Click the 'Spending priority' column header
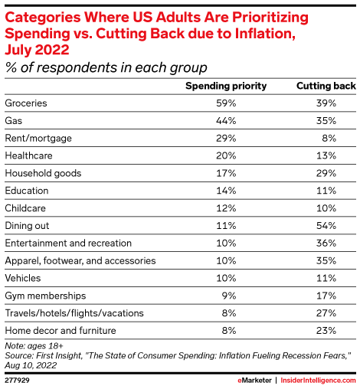(227, 86)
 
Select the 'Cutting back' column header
(326, 86)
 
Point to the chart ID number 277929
(18, 378)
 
